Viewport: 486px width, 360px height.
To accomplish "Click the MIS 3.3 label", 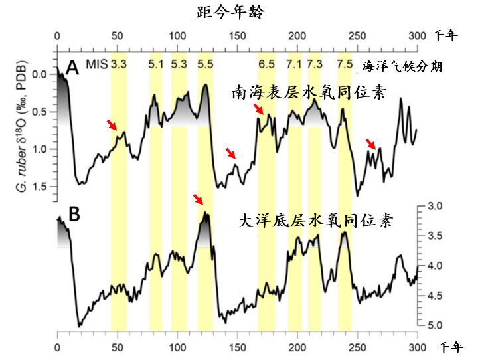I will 120,64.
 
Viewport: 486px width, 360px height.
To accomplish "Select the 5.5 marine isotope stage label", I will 205,64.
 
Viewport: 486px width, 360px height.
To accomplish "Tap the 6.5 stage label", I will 266,64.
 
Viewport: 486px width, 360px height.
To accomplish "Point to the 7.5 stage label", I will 345,64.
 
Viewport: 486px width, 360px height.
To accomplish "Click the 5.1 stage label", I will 156,64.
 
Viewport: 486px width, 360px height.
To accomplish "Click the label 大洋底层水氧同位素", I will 315,221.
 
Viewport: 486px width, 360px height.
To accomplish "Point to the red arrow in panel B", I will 199,199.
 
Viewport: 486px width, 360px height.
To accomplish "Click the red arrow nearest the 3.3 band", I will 112,124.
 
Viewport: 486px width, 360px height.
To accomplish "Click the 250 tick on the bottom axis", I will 357,347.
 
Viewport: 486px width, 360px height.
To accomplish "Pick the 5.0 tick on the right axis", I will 436,325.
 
